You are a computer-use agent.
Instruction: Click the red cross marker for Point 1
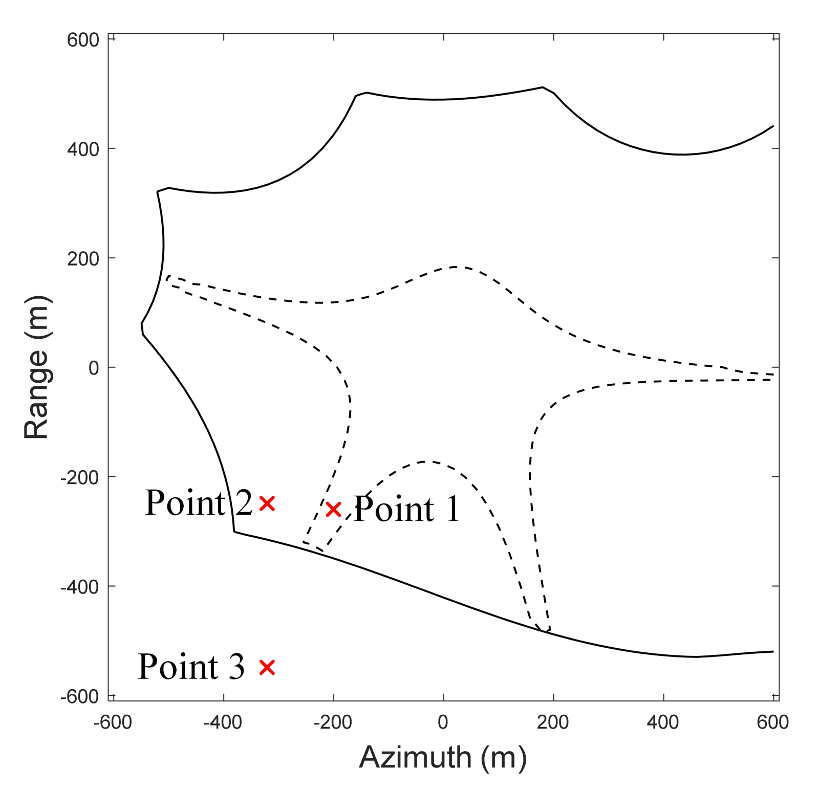(333, 509)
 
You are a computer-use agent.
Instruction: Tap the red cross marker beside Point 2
(267, 503)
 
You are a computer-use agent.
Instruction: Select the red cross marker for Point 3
(267, 667)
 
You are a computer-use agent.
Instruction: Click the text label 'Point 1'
(407, 509)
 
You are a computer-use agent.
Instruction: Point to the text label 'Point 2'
(199, 503)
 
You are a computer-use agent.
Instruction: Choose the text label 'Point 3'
(191, 667)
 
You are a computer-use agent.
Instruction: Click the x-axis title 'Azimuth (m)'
(443, 757)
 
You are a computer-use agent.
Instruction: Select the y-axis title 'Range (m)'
(37, 367)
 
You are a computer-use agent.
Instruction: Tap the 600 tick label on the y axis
(82, 40)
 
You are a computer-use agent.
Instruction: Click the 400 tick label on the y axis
(82, 149)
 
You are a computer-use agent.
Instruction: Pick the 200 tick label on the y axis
(82, 259)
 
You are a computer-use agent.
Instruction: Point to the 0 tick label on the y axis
(94, 368)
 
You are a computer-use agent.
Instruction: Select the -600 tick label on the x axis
(113, 722)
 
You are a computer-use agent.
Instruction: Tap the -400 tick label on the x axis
(223, 722)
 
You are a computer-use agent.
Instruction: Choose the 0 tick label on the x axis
(443, 722)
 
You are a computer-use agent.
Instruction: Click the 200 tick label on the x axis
(553, 722)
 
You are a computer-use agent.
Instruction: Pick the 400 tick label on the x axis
(663, 722)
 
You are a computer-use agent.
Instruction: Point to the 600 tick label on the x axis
(772, 722)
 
